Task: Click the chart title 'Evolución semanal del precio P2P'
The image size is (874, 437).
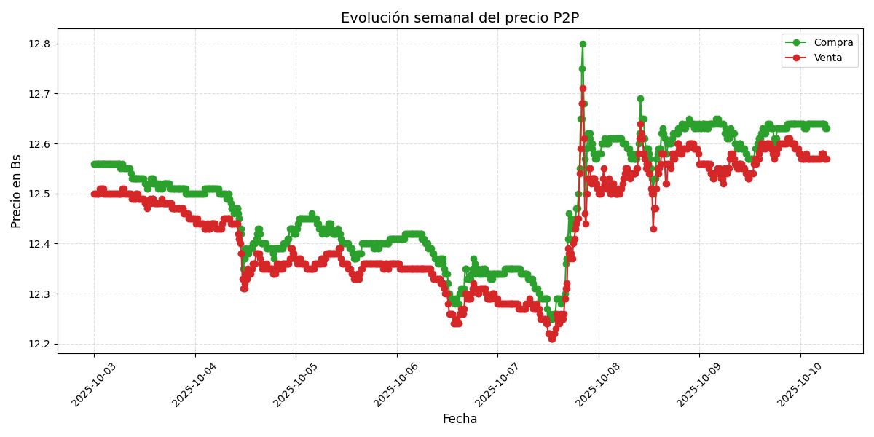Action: pyautogui.click(x=460, y=18)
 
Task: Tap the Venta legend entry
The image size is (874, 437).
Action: pyautogui.click(x=827, y=58)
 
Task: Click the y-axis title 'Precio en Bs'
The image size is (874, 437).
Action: pyautogui.click(x=17, y=191)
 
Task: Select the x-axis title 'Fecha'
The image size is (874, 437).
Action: pyautogui.click(x=460, y=420)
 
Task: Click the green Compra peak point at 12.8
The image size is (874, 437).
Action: pyautogui.click(x=583, y=44)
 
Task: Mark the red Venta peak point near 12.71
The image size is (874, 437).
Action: pyautogui.click(x=583, y=89)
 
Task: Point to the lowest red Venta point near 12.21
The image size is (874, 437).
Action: pyautogui.click(x=552, y=339)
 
